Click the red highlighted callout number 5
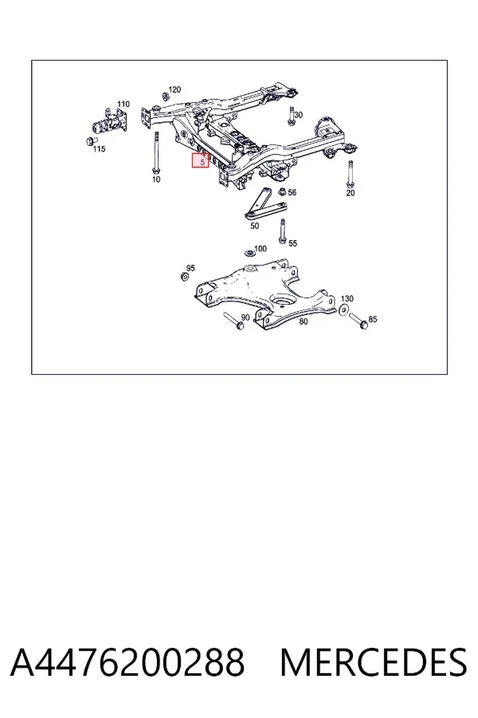pos(202,162)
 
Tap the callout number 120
pos(174,89)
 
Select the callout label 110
pos(123,105)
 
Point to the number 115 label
pos(99,149)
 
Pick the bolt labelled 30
pos(291,116)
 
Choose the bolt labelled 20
pos(351,174)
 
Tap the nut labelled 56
pos(282,191)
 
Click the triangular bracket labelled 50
pos(264,203)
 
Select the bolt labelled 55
pos(282,231)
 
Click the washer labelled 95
pos(184,277)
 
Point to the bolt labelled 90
pos(233,320)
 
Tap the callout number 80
pos(304,321)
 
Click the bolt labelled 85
pos(358,321)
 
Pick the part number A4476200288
pos(127,662)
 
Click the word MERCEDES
pos(374,662)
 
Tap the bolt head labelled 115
pos(92,140)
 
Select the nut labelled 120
pos(165,97)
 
